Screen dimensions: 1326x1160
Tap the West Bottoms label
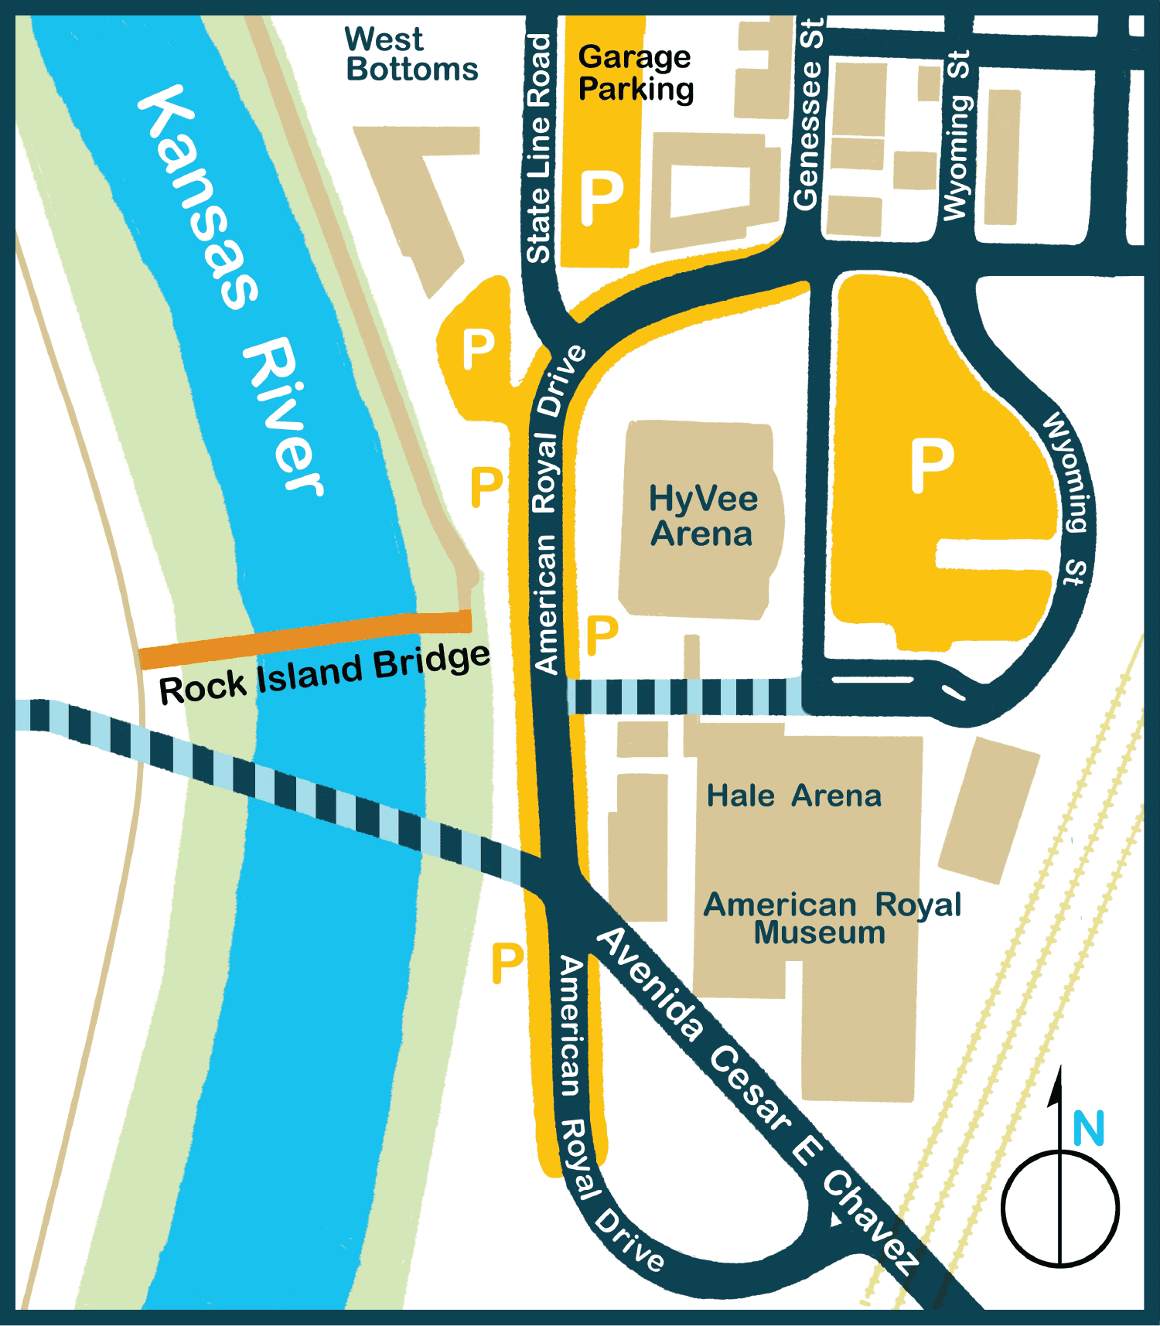(411, 54)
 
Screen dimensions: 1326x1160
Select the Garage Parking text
(635, 73)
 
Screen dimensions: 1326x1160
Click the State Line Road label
(538, 147)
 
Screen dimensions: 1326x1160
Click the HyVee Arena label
(702, 516)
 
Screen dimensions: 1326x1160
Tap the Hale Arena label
(793, 796)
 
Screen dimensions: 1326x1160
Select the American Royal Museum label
(831, 918)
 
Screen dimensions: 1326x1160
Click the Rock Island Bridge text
(324, 673)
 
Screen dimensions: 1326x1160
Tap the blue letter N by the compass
(1088, 1129)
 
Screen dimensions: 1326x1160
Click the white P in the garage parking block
(602, 198)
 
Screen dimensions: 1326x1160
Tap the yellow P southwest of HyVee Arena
(602, 636)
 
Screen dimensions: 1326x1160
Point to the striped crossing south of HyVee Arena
(684, 696)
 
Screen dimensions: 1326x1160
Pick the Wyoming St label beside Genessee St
(956, 135)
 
